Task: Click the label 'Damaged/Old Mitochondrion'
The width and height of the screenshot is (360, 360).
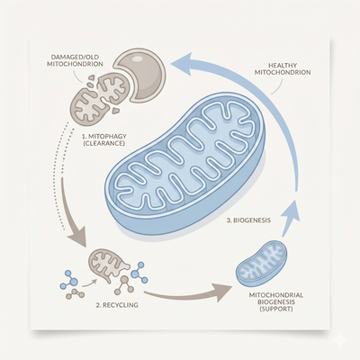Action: tap(75, 60)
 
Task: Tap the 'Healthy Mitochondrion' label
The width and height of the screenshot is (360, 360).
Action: tap(283, 68)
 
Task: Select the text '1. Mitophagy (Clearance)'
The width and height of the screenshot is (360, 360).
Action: tap(104, 139)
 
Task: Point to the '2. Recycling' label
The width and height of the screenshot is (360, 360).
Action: tap(117, 305)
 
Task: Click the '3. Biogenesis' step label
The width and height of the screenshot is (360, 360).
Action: tap(248, 220)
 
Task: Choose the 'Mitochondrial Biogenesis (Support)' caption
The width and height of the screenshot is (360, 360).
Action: tap(276, 301)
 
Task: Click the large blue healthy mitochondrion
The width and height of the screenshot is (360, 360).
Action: tap(185, 163)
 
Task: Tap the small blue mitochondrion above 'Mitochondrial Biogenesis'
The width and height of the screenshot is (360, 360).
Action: tap(261, 263)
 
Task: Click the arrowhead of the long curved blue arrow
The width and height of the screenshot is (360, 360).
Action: tap(183, 64)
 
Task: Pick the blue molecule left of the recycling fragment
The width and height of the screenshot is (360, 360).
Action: tap(68, 280)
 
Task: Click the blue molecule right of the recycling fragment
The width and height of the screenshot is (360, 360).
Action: tap(139, 273)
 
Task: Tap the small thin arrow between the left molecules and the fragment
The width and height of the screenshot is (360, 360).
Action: tap(89, 283)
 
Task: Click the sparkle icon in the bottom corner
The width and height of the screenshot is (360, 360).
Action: tap(340, 340)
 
